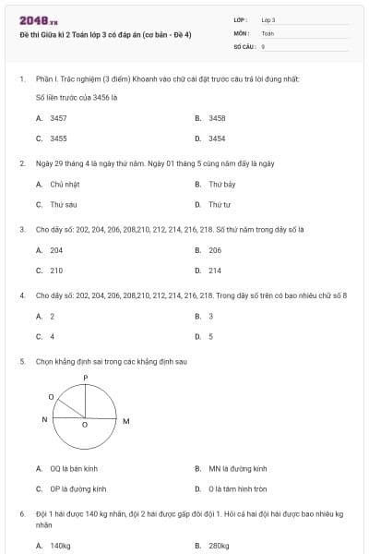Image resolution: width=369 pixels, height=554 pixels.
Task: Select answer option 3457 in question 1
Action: point(58,118)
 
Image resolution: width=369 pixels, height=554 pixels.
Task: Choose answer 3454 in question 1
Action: point(217,138)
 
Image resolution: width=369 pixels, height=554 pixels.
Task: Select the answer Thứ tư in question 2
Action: point(220,204)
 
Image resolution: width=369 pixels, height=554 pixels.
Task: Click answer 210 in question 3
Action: point(56,271)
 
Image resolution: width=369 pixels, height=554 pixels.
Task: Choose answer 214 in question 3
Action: point(215,271)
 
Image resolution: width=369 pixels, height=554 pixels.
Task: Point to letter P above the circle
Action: point(85,379)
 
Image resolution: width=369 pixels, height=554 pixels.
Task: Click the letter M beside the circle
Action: point(126,421)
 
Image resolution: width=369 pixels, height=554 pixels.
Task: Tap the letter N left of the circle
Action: point(44,420)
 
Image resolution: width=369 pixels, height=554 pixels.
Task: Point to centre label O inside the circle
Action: point(85,426)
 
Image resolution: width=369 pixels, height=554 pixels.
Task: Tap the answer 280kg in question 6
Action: point(219,546)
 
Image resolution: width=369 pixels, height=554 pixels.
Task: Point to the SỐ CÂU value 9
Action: point(264,45)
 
